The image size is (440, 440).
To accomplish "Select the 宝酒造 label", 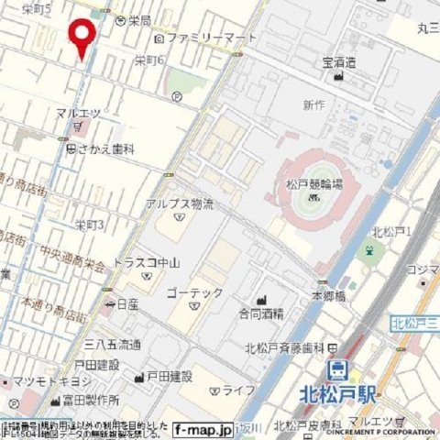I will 339,63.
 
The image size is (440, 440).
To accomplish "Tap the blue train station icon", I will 338,371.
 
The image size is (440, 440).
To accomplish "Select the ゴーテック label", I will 194,292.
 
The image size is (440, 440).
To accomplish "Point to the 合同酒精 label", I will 264,313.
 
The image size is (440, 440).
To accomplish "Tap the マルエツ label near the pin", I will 78,113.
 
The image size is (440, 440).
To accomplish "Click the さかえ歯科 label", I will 106,148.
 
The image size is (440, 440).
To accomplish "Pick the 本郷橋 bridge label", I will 327,296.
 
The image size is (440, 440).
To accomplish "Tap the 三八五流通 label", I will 113,345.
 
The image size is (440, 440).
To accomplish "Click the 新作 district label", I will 313,105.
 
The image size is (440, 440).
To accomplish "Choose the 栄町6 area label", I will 148,60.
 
